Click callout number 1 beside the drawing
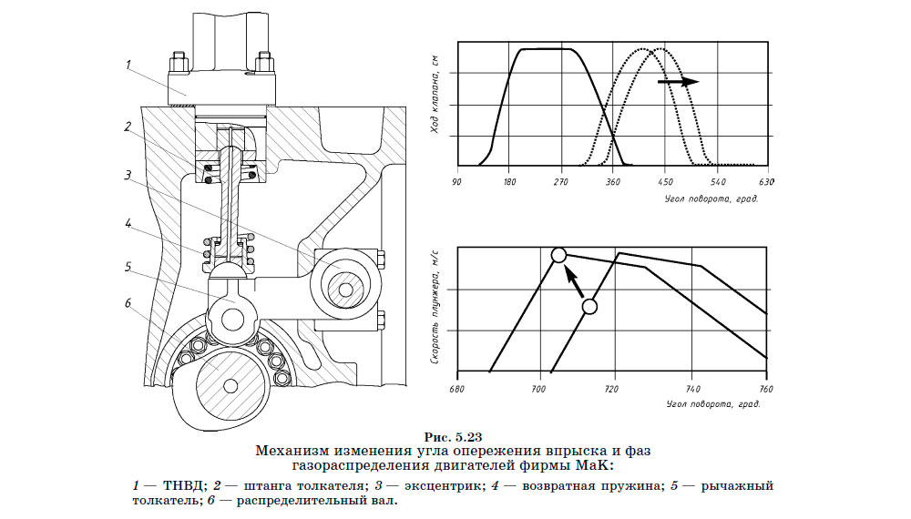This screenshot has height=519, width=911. [x=129, y=65]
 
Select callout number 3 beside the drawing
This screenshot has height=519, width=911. [x=129, y=174]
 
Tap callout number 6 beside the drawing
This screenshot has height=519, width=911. [x=129, y=303]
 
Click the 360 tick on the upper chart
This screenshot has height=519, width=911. [x=613, y=181]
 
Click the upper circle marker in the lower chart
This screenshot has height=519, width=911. [x=559, y=256]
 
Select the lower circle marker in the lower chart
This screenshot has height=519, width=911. [x=589, y=307]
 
